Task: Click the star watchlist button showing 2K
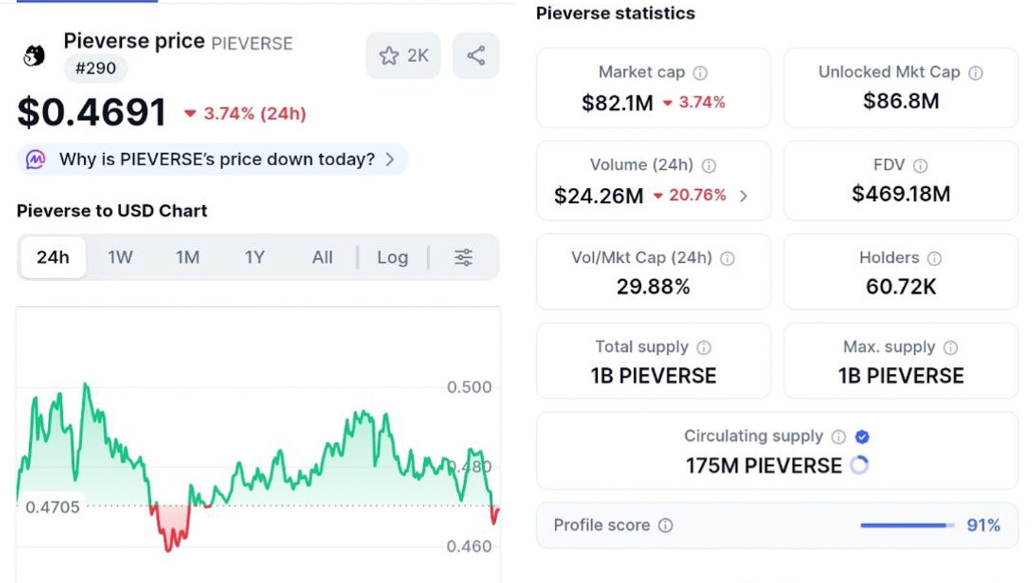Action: [x=403, y=56]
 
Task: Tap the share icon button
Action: [x=476, y=56]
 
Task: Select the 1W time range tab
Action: [x=120, y=257]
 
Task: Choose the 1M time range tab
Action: [x=188, y=257]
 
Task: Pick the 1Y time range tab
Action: [x=254, y=257]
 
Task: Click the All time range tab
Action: [x=322, y=257]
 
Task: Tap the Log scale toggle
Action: [x=392, y=257]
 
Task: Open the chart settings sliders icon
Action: [x=463, y=257]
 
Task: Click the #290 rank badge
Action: [x=96, y=68]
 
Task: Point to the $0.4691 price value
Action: [x=92, y=112]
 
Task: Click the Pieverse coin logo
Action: [x=34, y=56]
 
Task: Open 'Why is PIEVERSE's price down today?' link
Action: [x=217, y=159]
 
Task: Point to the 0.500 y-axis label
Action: [x=469, y=387]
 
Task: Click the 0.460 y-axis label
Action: [x=469, y=546]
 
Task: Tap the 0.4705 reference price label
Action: [x=52, y=507]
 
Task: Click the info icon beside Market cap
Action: [x=700, y=73]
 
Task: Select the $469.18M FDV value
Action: [x=901, y=194]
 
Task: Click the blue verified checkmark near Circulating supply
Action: [x=862, y=437]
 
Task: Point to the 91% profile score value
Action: [x=983, y=525]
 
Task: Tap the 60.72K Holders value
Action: [x=901, y=286]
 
